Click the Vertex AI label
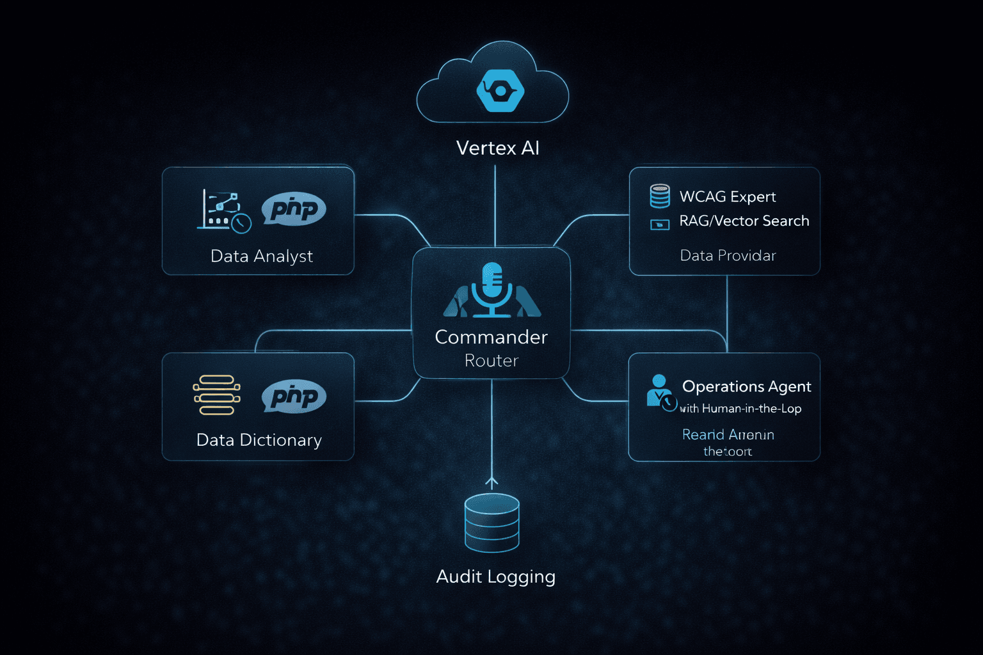click(497, 148)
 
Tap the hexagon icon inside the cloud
click(500, 91)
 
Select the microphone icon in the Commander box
click(491, 289)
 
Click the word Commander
click(491, 337)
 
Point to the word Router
click(491, 361)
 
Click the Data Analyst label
click(261, 256)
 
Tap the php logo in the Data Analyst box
click(294, 209)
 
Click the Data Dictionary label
click(259, 440)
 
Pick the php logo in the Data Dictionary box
click(294, 397)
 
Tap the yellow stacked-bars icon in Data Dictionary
click(217, 395)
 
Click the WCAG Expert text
click(727, 196)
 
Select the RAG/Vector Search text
click(744, 221)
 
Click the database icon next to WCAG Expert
click(660, 196)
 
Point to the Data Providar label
click(728, 255)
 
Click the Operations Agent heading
click(746, 386)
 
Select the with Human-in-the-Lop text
click(740, 409)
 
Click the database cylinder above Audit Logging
click(491, 523)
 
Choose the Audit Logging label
click(495, 576)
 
